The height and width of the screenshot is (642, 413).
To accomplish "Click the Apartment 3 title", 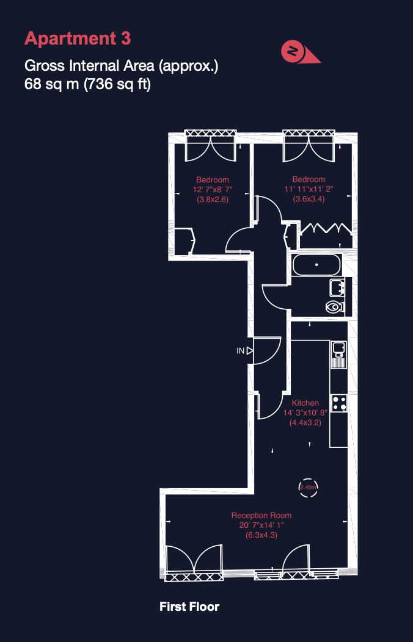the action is click(x=78, y=38).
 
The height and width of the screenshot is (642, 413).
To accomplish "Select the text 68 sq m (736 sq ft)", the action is click(x=88, y=85).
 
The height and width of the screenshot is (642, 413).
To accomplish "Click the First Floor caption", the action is click(x=189, y=607).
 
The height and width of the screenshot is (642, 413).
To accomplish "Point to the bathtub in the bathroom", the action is click(x=316, y=264).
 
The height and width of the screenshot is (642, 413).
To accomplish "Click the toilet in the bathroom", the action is click(x=335, y=306).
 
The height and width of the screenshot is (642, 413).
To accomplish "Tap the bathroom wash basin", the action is click(x=338, y=287).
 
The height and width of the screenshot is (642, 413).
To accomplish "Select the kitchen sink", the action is click(x=339, y=354).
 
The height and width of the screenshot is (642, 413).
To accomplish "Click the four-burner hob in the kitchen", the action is click(x=339, y=403).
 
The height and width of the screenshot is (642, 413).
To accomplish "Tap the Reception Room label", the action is click(x=261, y=516).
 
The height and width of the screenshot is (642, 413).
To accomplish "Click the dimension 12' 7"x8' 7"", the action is click(x=213, y=190).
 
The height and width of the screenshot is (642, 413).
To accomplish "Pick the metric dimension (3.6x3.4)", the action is click(x=309, y=200).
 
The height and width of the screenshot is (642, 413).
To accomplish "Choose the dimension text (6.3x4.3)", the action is click(x=261, y=535).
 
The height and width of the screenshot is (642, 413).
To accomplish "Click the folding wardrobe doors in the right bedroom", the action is click(x=325, y=228).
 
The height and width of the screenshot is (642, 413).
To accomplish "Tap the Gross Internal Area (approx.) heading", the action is click(x=122, y=67).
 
